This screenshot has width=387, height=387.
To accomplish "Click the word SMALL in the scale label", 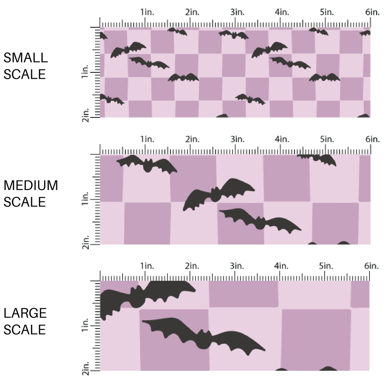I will (25, 58).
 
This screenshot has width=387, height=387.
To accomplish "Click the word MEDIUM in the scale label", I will (30, 186).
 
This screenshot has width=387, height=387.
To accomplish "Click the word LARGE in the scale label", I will (25, 313).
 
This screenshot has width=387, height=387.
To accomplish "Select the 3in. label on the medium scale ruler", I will (237, 139).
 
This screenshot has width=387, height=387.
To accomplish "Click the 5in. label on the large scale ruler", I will (327, 266).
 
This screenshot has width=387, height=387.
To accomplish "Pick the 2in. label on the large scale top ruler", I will (192, 266).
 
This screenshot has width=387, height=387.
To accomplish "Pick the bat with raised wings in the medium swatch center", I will (217, 193).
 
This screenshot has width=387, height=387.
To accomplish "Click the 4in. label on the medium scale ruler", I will (282, 139).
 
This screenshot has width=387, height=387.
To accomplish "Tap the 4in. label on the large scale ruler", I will (282, 266).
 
